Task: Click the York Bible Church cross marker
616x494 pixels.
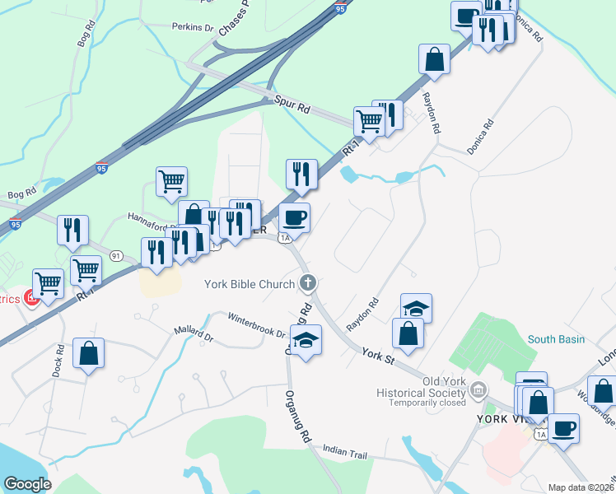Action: pyautogui.click(x=307, y=284)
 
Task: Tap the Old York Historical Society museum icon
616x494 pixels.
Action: pyautogui.click(x=478, y=389)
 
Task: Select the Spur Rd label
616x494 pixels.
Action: pyautogui.click(x=292, y=108)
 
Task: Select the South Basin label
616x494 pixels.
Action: pyautogui.click(x=556, y=339)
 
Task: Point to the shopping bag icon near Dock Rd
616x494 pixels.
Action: pyautogui.click(x=88, y=353)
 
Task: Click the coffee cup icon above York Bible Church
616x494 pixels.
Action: pyautogui.click(x=294, y=217)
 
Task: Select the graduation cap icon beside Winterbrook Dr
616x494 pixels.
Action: pyautogui.click(x=306, y=338)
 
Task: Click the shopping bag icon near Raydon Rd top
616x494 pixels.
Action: pyautogui.click(x=434, y=59)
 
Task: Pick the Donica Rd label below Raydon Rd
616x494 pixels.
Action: pyautogui.click(x=480, y=137)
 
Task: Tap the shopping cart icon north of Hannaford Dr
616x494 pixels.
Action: pyautogui.click(x=171, y=181)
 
